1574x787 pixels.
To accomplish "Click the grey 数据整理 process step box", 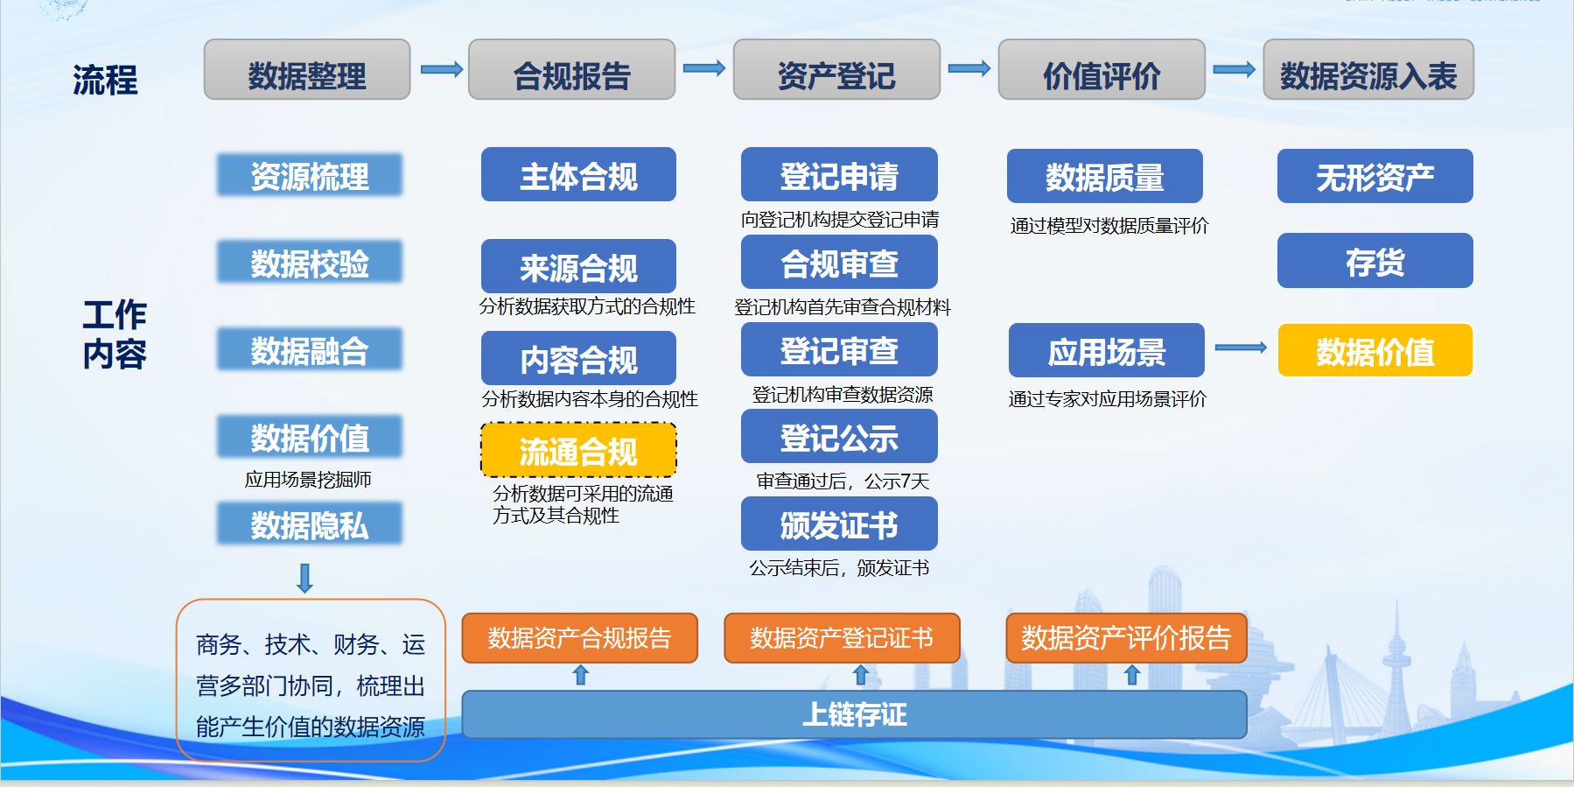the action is [x=307, y=70].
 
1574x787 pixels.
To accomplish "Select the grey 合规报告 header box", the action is [x=571, y=70].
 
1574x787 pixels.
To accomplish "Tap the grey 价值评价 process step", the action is [x=1102, y=70].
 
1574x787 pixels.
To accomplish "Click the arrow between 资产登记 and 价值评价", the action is [x=969, y=68].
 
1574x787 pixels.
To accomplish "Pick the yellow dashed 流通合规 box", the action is [x=578, y=451].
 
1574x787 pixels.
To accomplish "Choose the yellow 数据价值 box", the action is [x=1375, y=350].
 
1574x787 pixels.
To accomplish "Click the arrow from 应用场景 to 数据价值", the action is [x=1241, y=348].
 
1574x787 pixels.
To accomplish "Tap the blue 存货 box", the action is [x=1375, y=261].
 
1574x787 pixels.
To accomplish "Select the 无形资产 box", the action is [x=1375, y=176].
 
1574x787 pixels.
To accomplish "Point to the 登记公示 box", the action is [x=839, y=437].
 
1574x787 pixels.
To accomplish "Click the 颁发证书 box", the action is [x=839, y=523].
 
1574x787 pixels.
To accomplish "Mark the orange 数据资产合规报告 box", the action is [x=580, y=638].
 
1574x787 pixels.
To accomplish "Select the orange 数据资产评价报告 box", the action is [x=1126, y=638].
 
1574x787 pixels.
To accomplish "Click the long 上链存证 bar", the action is [x=854, y=714].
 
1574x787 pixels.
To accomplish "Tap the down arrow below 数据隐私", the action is [x=305, y=579].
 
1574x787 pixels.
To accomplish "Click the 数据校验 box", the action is [x=310, y=263].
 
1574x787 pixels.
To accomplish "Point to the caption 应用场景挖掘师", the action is [x=308, y=480].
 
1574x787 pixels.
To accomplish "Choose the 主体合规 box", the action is [x=578, y=175].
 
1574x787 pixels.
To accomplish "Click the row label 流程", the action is [x=105, y=80].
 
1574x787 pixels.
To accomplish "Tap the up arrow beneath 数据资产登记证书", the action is [x=860, y=675].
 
